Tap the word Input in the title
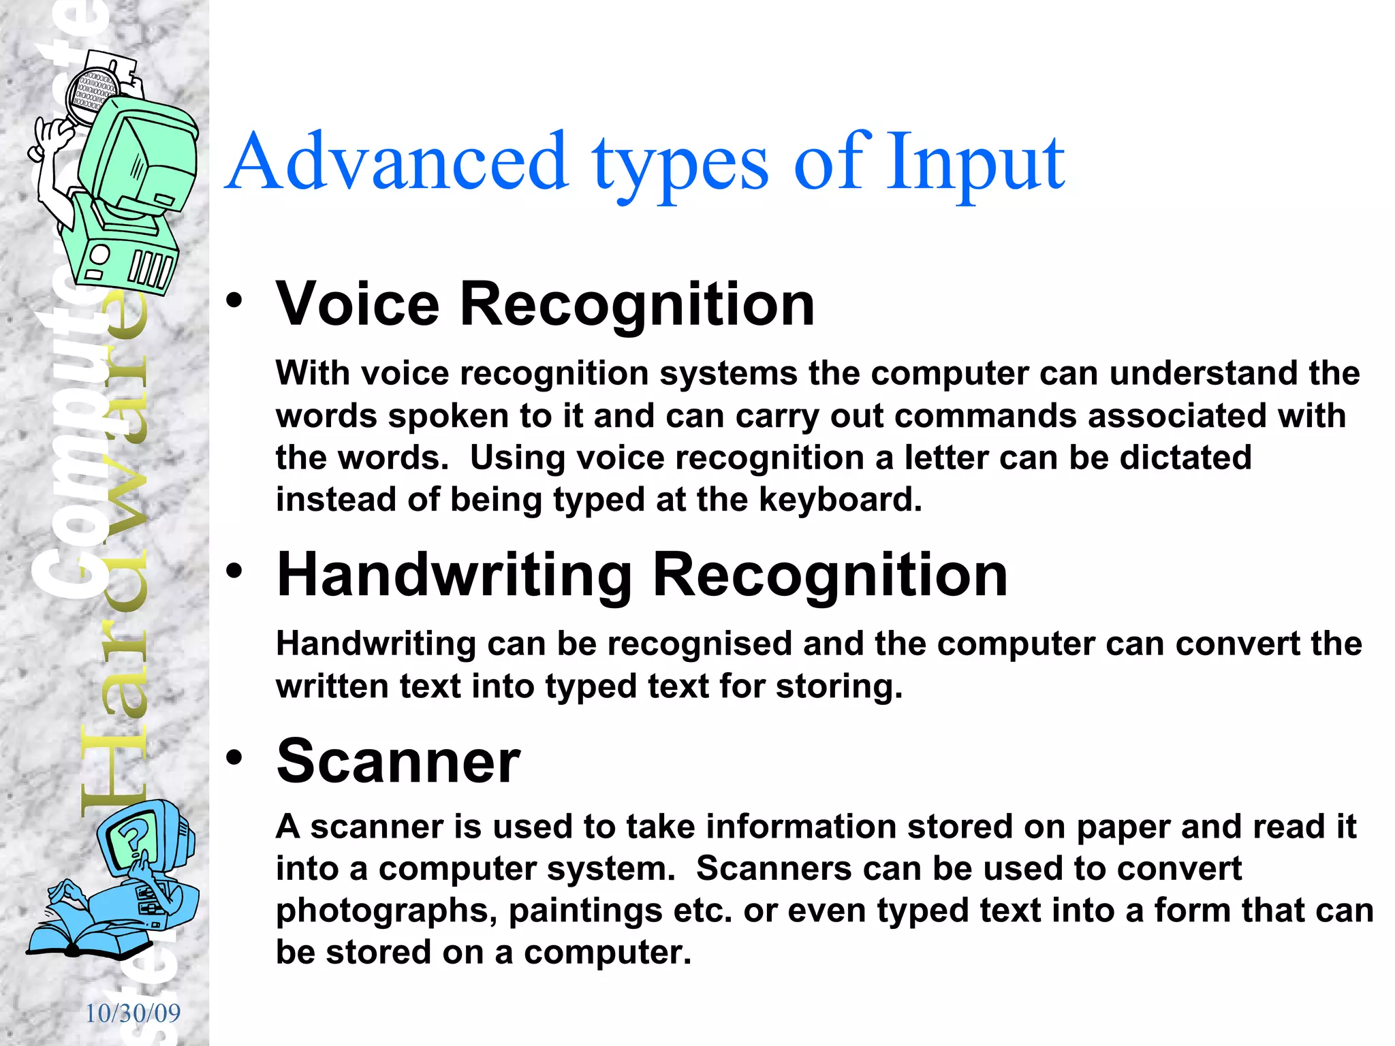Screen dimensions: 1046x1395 point(975,163)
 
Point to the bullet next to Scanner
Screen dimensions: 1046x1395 point(234,757)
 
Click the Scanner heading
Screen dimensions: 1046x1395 point(398,761)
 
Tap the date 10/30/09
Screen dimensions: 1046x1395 point(133,1013)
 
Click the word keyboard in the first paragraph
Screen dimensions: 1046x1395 point(840,499)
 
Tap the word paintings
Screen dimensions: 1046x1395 point(585,910)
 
